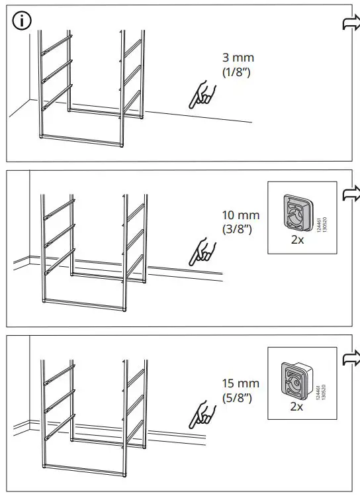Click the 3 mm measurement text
238,58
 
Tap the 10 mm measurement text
241,216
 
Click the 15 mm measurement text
241,383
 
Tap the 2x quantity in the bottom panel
296,406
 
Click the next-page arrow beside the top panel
349,24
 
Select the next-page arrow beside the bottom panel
349,360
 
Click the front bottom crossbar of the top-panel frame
83,139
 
